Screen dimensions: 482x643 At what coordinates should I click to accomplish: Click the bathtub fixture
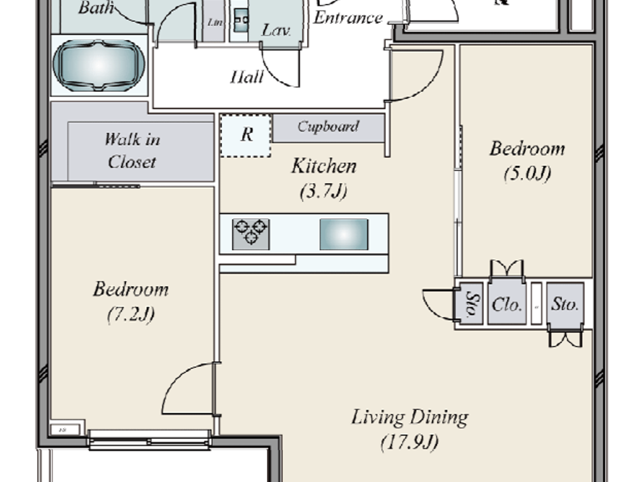pyautogui.click(x=99, y=65)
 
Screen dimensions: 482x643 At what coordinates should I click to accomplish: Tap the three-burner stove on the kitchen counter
pyautogui.click(x=251, y=234)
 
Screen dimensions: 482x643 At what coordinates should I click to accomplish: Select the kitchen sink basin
pyautogui.click(x=344, y=234)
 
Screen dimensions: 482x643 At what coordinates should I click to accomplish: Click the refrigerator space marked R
pyautogui.click(x=246, y=135)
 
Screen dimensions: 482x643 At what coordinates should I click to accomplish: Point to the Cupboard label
pyautogui.click(x=328, y=127)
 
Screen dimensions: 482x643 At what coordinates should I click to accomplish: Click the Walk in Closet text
pyautogui.click(x=132, y=151)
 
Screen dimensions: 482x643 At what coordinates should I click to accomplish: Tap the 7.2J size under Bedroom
pyautogui.click(x=131, y=315)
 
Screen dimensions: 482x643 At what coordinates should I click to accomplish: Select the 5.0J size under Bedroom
pyautogui.click(x=527, y=174)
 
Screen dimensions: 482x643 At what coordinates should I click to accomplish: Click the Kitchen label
pyautogui.click(x=324, y=166)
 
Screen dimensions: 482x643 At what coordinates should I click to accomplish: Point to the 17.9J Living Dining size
pyautogui.click(x=409, y=442)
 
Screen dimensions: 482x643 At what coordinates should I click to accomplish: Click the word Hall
pyautogui.click(x=247, y=77)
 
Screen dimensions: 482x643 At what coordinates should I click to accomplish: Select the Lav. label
pyautogui.click(x=276, y=30)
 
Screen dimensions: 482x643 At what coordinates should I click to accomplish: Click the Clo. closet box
pyautogui.click(x=507, y=304)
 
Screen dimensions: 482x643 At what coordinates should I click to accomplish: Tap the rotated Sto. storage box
pyautogui.click(x=470, y=304)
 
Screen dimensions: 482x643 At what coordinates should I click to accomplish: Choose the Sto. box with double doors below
pyautogui.click(x=565, y=304)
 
